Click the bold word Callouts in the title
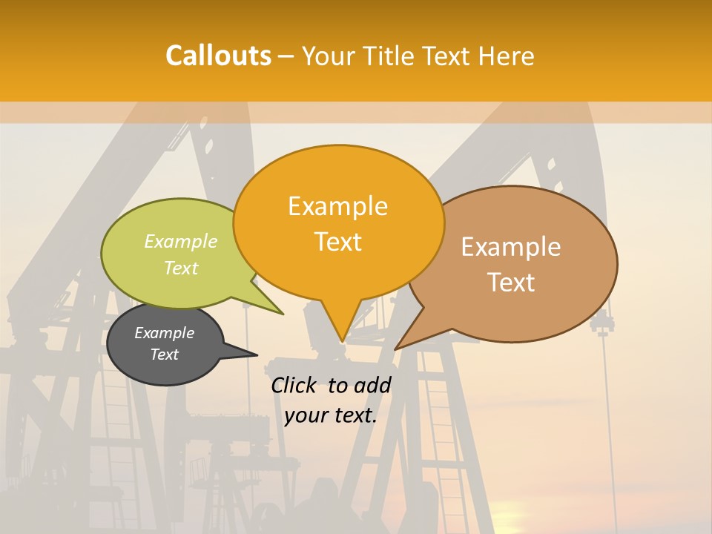tap(218, 56)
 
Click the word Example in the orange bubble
tap(337, 206)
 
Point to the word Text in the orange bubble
tap(337, 242)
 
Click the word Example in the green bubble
tap(180, 242)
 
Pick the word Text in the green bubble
tap(180, 268)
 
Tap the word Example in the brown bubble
tap(511, 247)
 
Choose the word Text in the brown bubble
tap(511, 283)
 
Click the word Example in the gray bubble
tap(164, 333)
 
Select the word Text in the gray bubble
tap(164, 355)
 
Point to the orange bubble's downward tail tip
tap(341, 340)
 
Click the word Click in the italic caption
tap(295, 385)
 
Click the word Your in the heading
tap(329, 56)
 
